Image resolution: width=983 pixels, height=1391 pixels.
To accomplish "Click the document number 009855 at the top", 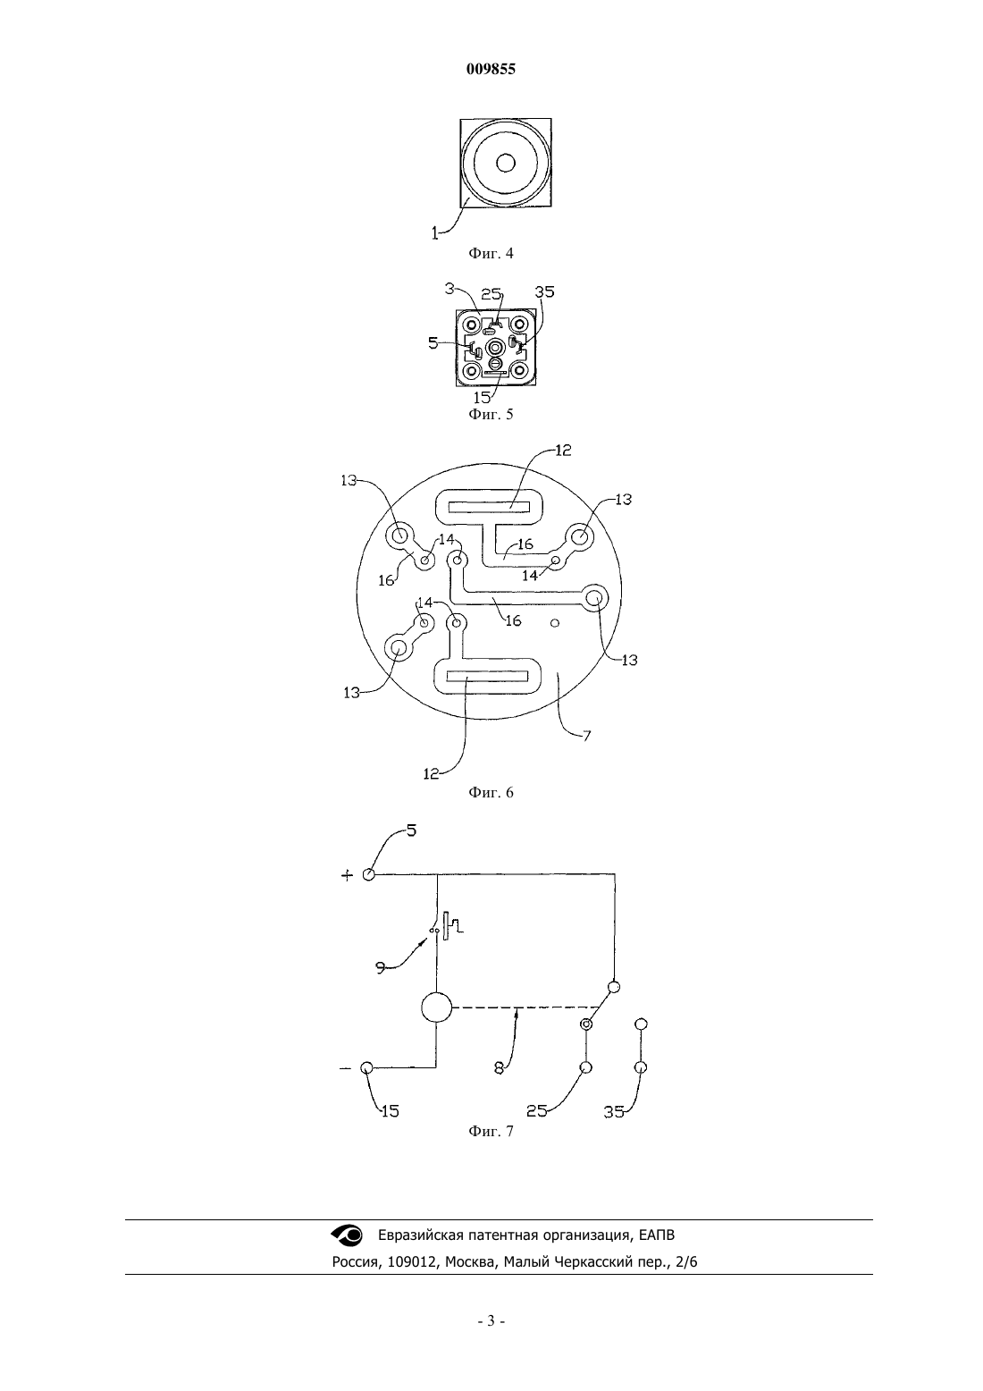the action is [491, 70].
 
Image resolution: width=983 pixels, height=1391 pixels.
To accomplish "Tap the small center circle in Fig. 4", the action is [506, 164].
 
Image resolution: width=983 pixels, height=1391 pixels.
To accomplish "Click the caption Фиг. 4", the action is [491, 253].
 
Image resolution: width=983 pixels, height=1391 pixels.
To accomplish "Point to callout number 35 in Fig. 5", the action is [545, 291].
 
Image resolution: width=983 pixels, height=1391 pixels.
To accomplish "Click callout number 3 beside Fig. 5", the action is [449, 288].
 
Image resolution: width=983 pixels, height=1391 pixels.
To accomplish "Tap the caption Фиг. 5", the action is [491, 414].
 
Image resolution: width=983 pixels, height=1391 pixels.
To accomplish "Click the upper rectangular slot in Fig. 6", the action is [489, 508].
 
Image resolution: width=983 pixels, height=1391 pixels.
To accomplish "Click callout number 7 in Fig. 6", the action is [586, 736].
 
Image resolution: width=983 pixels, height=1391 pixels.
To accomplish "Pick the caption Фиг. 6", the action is [491, 792].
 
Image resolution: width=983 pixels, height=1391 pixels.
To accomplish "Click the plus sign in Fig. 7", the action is [348, 875].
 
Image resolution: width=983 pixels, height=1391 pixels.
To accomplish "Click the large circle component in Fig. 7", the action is [437, 1007].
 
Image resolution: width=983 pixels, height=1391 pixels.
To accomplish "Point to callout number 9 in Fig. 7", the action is [381, 966].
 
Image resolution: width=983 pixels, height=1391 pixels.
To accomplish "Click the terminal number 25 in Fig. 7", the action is [537, 1111].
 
